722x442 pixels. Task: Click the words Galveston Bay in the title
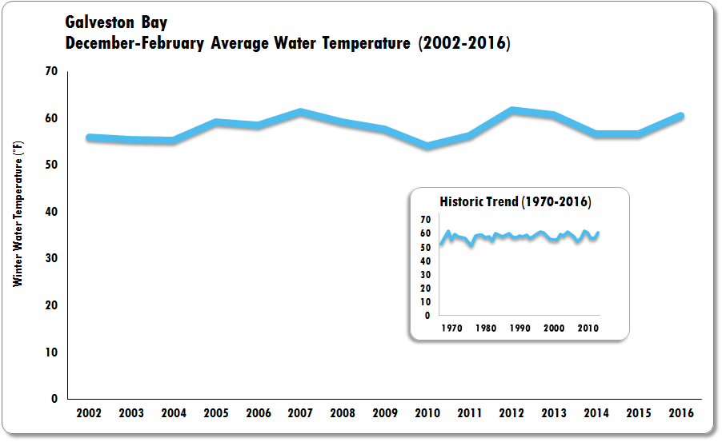coord(116,23)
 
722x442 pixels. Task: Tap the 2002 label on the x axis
coord(89,414)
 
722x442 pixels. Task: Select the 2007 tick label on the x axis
coord(299,414)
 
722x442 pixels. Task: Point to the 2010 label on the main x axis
coord(427,414)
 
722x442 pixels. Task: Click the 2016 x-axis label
coord(680,414)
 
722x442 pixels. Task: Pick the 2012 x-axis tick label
coord(511,414)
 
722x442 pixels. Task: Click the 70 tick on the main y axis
coord(51,72)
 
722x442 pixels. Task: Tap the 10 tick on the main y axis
coord(51,352)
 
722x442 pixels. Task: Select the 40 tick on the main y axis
coord(51,212)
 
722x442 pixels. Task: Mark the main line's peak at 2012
coord(511,110)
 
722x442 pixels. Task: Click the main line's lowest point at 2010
coord(427,146)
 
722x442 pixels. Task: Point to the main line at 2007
coord(299,112)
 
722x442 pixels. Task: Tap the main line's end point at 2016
coord(681,116)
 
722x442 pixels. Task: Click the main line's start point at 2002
coord(89,137)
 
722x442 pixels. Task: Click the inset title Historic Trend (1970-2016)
coord(515,202)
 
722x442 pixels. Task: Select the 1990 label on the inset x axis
coord(519,329)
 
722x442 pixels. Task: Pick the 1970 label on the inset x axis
coord(451,329)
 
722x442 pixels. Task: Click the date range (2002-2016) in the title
coord(464,44)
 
